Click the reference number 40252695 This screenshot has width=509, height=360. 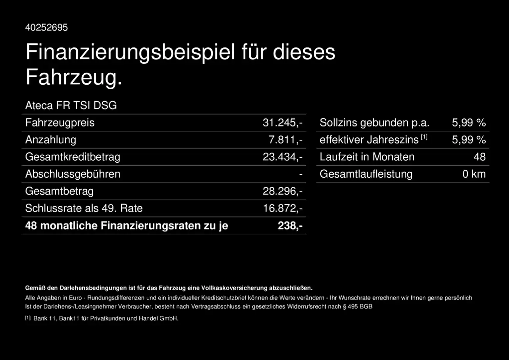46,27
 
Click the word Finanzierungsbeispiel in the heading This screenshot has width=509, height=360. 130,52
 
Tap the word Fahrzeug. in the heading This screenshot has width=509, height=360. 74,77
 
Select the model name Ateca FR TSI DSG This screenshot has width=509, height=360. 71,105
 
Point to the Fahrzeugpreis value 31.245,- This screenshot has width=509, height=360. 282,123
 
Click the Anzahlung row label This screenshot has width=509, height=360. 51,140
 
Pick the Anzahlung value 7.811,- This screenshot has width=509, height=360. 285,140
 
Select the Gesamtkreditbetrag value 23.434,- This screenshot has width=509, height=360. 282,157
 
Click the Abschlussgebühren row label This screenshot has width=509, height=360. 73,174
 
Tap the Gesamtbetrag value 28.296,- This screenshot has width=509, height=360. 282,191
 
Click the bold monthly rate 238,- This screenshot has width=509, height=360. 290,226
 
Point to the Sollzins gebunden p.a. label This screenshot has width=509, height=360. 374,123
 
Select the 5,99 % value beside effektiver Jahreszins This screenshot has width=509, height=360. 469,140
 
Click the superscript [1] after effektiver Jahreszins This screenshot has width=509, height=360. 424,137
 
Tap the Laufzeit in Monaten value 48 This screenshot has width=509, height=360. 480,157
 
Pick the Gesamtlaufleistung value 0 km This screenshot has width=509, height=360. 474,174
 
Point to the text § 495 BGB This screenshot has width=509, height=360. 357,307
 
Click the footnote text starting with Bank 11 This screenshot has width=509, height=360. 106,318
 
